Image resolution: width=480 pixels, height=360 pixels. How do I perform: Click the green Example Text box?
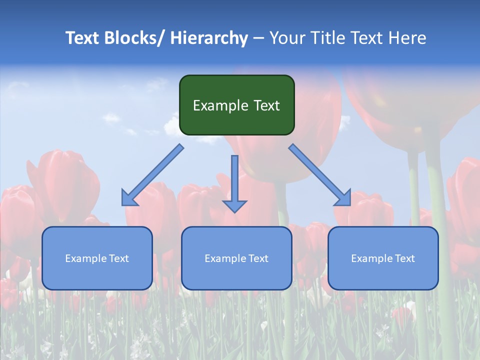coord(236,105)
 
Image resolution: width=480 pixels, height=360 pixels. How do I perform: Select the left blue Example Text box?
coord(97,258)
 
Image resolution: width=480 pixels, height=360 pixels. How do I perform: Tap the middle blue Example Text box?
coord(236,258)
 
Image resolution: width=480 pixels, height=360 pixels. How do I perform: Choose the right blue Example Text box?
coord(383,258)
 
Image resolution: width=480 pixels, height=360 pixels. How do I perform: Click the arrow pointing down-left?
coord(152,175)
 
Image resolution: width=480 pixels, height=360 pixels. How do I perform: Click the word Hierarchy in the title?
coord(208,38)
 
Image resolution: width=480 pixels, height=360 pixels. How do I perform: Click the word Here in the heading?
coord(407,38)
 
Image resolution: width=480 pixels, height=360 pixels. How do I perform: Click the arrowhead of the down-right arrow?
coord(343,198)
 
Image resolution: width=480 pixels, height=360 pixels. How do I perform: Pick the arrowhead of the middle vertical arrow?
coord(234,205)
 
